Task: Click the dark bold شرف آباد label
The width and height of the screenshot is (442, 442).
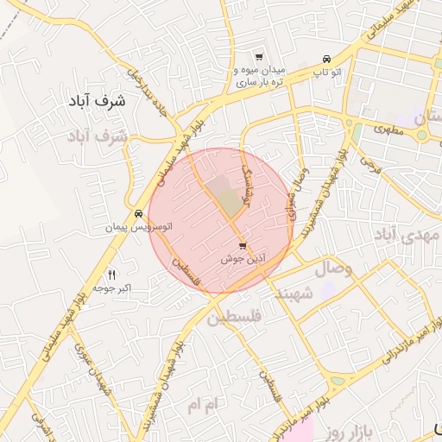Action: coord(100,101)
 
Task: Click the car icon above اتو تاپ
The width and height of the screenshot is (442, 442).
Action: coord(326,59)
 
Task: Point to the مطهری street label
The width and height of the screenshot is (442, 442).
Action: coord(388,129)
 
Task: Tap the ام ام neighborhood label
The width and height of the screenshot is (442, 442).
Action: coord(205,403)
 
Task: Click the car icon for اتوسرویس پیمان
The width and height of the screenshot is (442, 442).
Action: coord(138,213)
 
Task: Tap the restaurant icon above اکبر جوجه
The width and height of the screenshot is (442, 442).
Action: coord(110,274)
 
